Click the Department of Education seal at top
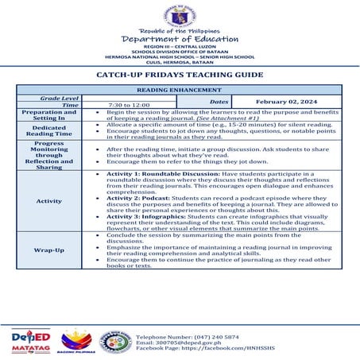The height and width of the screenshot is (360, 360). [180, 15]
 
